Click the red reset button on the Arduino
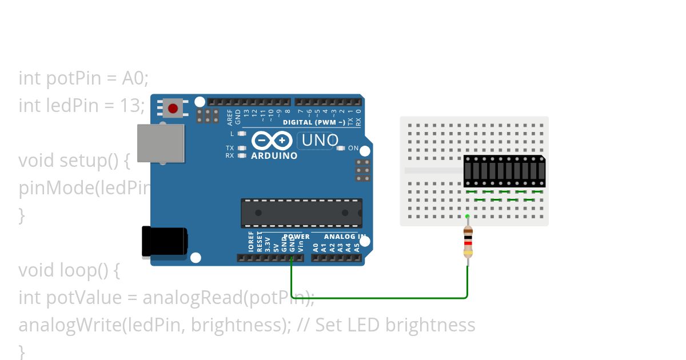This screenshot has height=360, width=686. pos(173,107)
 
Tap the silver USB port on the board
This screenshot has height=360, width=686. pos(161,143)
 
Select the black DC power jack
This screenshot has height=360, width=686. pos(164,241)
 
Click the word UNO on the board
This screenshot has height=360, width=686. pos(320,140)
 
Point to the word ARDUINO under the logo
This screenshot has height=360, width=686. pos(274,155)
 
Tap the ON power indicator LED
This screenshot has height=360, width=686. pos(341,148)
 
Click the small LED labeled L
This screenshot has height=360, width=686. pos(242,134)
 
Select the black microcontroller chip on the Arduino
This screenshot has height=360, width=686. pos(301,213)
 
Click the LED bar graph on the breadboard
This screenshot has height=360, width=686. pos(504,171)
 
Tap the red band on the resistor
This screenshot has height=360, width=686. pos(468,243)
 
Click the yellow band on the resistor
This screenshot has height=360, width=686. pos(468,253)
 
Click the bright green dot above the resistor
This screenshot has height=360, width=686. pos(468,216)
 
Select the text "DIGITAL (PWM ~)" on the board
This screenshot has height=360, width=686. pos(314,122)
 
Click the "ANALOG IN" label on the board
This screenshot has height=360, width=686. pos(345,236)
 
